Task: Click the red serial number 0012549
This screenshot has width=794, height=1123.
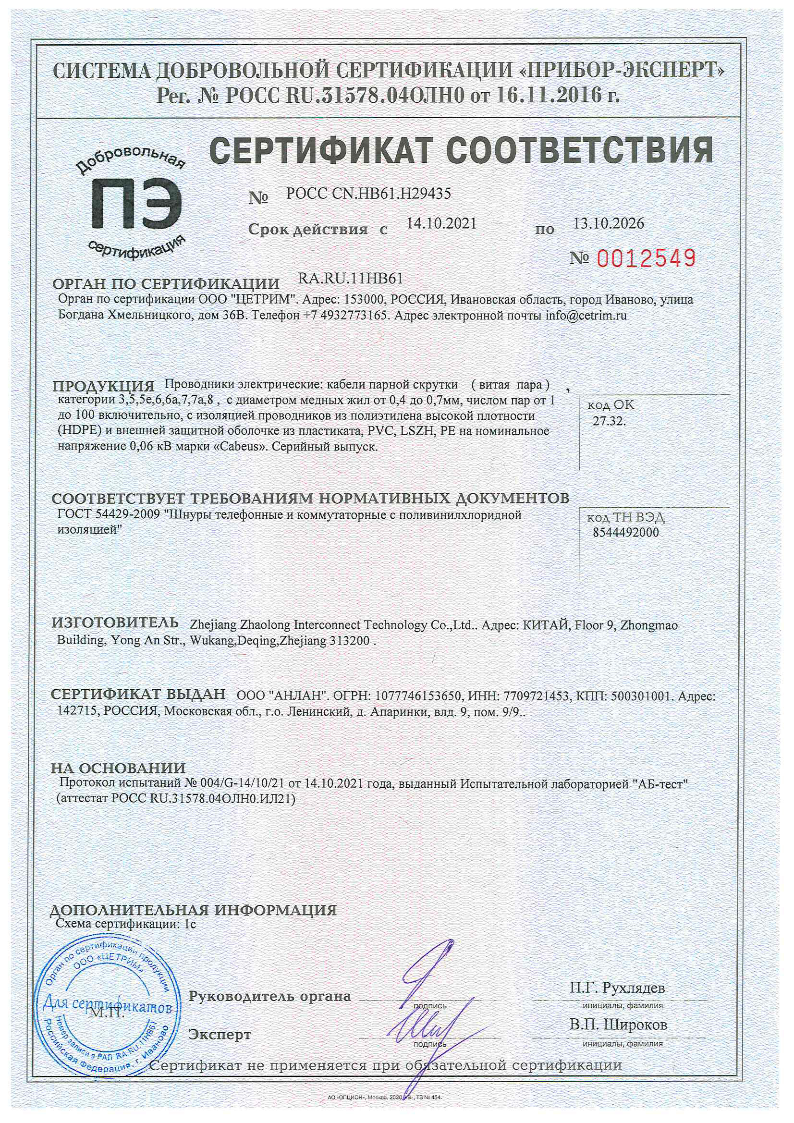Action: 646,258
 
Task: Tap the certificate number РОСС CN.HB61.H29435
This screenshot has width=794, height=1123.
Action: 368,194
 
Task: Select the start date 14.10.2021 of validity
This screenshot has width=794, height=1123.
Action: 441,223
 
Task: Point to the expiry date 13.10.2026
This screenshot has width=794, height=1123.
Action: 609,223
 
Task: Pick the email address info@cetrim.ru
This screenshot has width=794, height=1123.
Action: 586,316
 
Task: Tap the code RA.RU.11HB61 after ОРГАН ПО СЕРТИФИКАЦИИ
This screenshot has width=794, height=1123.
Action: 350,279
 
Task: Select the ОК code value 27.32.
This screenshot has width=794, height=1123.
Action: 609,421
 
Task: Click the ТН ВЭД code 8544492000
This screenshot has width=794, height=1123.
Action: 626,533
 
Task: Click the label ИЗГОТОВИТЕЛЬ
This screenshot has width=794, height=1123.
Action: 115,623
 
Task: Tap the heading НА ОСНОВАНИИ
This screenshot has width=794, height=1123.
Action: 118,768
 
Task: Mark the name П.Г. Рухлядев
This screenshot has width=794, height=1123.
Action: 617,988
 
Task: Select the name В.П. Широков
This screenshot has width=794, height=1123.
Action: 618,1025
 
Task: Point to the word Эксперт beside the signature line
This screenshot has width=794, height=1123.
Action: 220,1035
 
